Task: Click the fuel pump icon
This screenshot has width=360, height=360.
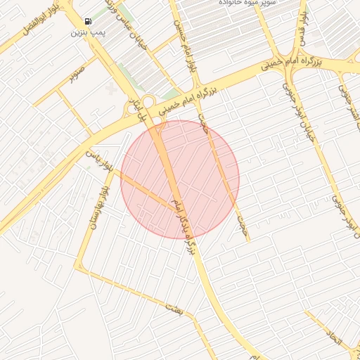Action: tap(87, 22)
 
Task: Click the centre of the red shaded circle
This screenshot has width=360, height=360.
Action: tap(180, 179)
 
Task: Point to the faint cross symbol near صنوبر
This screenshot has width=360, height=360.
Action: tap(110, 89)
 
